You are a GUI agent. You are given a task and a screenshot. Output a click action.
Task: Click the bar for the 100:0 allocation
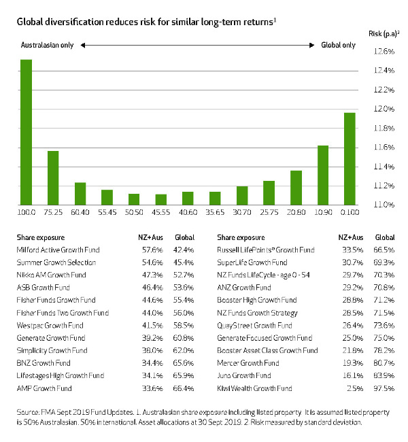[x=26, y=132]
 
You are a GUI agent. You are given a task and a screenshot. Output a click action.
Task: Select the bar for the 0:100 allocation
[x=350, y=158]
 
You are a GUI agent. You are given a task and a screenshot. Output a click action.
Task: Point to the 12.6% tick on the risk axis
[x=384, y=52]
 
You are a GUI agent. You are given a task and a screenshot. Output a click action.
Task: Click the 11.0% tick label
[x=384, y=205]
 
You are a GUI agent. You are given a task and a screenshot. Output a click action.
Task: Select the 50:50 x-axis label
[x=134, y=213]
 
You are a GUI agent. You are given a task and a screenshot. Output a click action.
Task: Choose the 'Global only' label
[x=338, y=45]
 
